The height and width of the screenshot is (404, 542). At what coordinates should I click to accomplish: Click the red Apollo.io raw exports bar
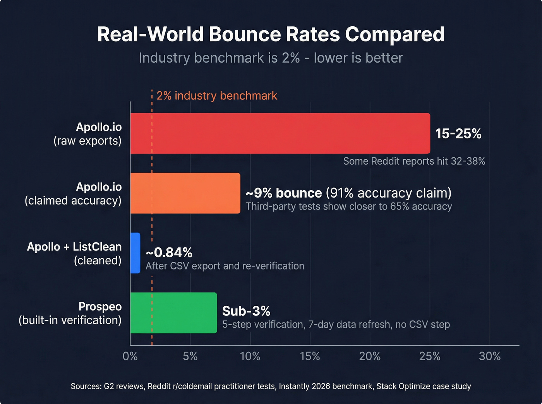pos(280,133)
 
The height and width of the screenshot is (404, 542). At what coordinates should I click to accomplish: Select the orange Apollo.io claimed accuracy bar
pos(185,193)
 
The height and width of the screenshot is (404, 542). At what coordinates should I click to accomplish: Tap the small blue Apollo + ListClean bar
pos(135,253)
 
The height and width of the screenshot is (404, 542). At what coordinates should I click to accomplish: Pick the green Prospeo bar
pos(173,313)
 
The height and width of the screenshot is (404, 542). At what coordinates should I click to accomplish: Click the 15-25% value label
pos(458,134)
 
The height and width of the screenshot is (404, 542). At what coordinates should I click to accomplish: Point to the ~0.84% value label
pos(169,252)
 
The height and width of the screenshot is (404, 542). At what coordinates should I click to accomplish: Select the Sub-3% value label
pos(246,311)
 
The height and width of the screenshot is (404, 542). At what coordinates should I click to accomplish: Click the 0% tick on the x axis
pos(130,356)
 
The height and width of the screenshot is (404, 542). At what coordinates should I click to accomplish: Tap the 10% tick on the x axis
pos(250,356)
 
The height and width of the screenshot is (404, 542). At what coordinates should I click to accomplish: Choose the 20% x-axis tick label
pos(370,356)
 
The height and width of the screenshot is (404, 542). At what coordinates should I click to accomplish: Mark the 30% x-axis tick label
pos(490,356)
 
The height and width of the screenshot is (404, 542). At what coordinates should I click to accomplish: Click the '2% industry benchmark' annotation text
pos(217,96)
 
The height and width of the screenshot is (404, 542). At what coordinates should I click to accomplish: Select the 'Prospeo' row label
pos(100,307)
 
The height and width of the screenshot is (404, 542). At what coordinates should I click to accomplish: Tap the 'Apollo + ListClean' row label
pos(74,247)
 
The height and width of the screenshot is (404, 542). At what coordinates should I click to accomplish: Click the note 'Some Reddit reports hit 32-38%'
pos(414,161)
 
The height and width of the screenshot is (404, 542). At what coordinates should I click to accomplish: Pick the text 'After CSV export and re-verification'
pos(225,266)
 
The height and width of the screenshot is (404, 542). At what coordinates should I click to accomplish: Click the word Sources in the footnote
pos(85,386)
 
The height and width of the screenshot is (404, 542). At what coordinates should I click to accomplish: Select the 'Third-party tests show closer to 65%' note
pos(348,206)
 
